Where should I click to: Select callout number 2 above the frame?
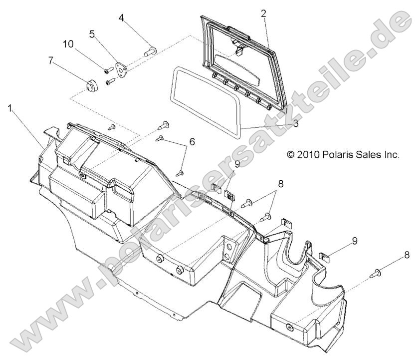click(x=263, y=13)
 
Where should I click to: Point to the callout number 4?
click(x=121, y=18)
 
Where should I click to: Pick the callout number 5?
click(x=92, y=34)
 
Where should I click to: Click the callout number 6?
click(x=192, y=142)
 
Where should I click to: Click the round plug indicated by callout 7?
click(x=93, y=86)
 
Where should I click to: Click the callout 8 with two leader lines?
click(x=280, y=183)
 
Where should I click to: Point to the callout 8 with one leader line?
click(x=407, y=255)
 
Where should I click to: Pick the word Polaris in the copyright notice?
click(x=339, y=154)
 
